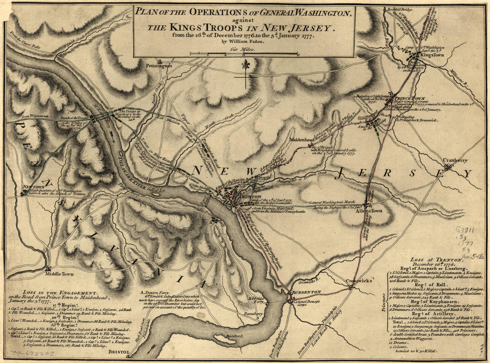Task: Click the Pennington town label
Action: click(158, 66)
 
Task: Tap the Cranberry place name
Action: click(454, 160)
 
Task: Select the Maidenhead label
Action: click(302, 139)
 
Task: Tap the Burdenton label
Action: click(306, 292)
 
